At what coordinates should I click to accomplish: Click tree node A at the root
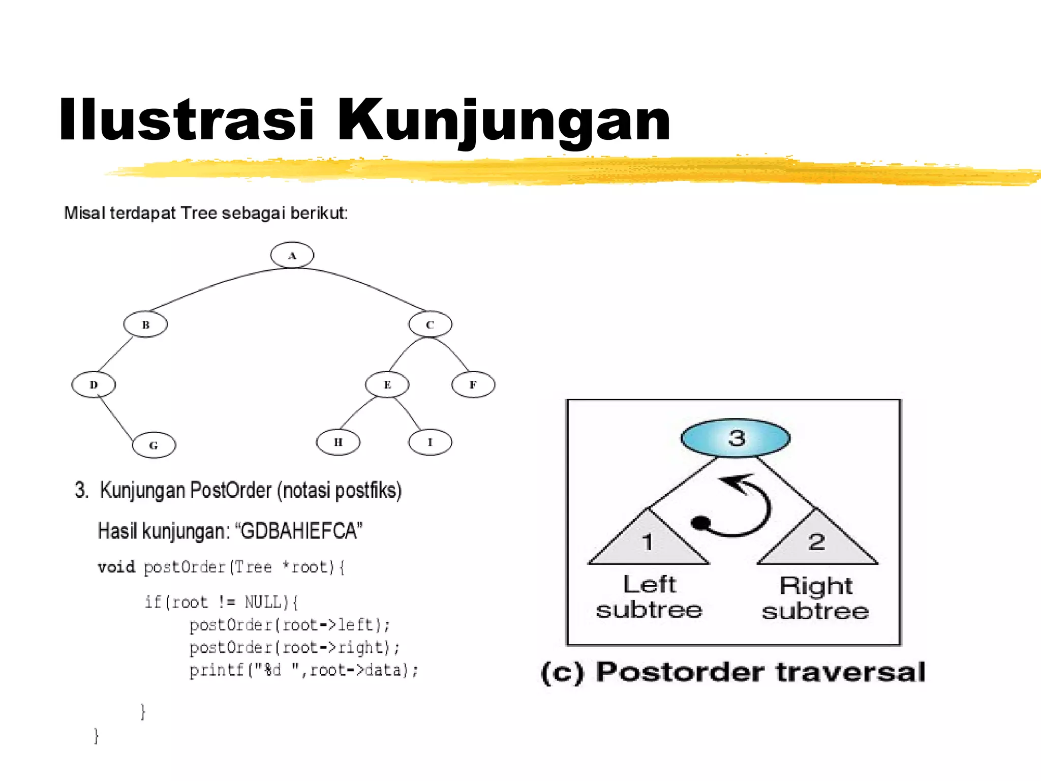click(x=292, y=255)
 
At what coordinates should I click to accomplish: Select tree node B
click(x=145, y=324)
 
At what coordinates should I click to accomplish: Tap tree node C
click(x=430, y=324)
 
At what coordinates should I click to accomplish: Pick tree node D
click(x=94, y=384)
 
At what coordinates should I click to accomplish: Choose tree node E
click(x=387, y=384)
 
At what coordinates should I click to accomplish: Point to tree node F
click(x=473, y=384)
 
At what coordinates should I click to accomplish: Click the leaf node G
click(x=154, y=445)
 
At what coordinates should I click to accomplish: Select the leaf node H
click(x=338, y=442)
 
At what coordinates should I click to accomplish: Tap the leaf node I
click(x=430, y=442)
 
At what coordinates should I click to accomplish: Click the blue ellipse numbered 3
click(x=735, y=438)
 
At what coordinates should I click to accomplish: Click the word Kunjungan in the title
click(x=503, y=121)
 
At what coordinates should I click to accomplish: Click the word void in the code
click(x=116, y=566)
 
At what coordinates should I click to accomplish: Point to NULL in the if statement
click(x=263, y=602)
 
